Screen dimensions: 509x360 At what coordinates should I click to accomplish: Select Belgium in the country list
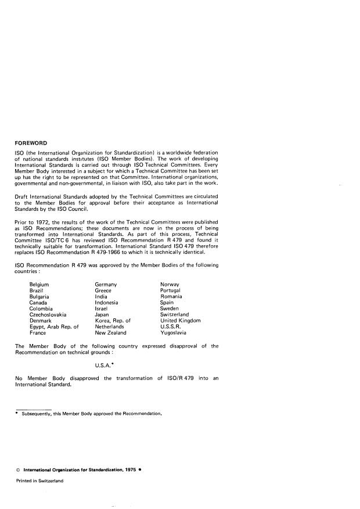point(39,284)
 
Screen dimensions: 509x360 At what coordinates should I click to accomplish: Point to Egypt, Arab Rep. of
point(53,327)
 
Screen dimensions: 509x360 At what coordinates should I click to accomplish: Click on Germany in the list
point(106,284)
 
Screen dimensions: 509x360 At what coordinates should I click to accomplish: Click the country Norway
point(171,284)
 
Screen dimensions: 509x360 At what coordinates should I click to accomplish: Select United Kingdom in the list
point(180,321)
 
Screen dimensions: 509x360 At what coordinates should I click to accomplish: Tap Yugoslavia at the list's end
point(173,333)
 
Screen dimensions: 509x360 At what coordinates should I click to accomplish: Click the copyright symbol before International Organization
point(17,469)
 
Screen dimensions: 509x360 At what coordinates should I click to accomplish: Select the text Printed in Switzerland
point(39,481)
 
